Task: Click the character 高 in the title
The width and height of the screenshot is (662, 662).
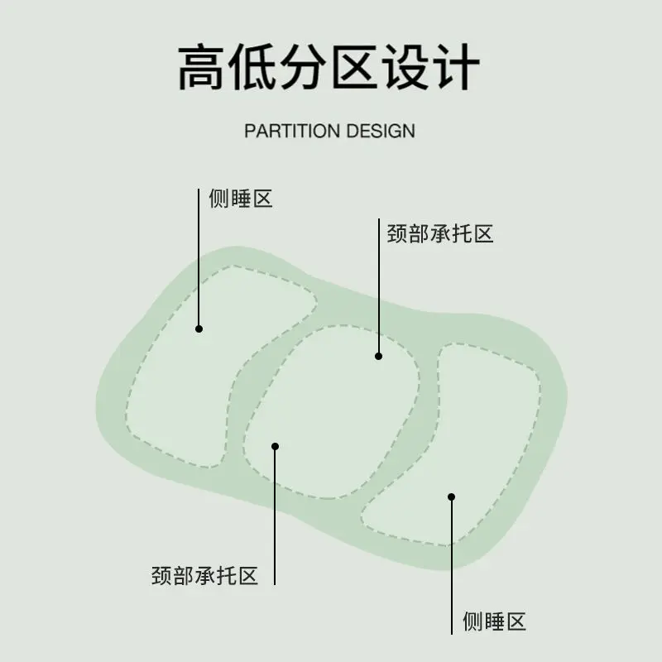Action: (201, 67)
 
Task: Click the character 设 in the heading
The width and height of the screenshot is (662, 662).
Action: (405, 67)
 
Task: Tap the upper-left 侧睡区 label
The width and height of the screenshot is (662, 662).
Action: (241, 199)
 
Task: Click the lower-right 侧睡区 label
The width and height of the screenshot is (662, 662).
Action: (494, 621)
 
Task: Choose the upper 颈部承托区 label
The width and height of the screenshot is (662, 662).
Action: (440, 233)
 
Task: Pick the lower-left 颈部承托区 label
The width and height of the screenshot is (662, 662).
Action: (204, 575)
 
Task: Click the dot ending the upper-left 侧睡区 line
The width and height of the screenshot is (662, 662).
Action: (199, 329)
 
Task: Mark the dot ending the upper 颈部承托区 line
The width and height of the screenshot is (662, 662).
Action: (379, 357)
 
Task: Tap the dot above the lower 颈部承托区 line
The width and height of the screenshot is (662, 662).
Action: (276, 446)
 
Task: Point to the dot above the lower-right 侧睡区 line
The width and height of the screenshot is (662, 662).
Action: (451, 497)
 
